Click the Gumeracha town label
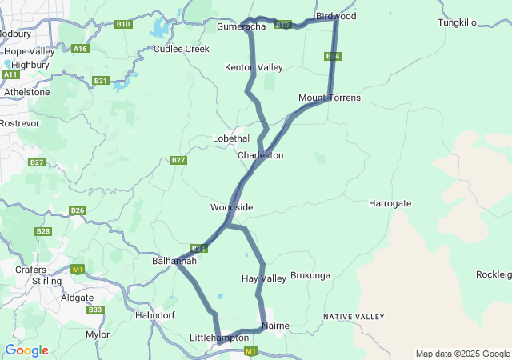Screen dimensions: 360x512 point(242,27)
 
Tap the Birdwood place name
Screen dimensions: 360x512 point(336,16)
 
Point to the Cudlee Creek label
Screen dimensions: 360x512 point(182,49)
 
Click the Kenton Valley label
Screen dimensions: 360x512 point(254,68)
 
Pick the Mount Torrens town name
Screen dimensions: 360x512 point(330,98)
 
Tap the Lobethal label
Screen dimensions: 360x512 point(231,138)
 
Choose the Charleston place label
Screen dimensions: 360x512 point(261,155)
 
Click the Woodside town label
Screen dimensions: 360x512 point(232,207)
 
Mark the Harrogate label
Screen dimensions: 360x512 point(390,203)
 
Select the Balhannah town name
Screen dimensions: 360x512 point(174,261)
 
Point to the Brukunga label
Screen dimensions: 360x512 point(310,276)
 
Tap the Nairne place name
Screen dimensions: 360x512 point(275,326)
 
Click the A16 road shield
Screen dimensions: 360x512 point(80,49)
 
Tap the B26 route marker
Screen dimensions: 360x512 point(78,210)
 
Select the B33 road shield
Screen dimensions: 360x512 point(95,310)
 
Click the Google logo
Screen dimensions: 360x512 point(26,350)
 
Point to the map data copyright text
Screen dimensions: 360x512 point(462,354)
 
